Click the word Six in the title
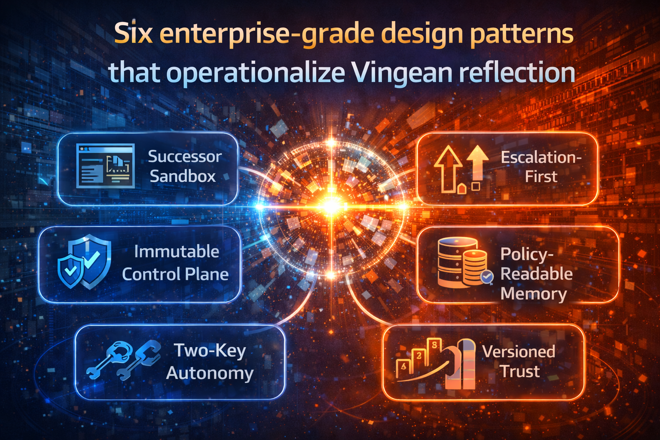click(x=134, y=34)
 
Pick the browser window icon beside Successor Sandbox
click(x=105, y=166)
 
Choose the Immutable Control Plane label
click(x=175, y=263)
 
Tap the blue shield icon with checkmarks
click(x=85, y=262)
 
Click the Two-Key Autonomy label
click(x=210, y=361)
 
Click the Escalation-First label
click(x=541, y=167)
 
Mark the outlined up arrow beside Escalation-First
click(x=448, y=168)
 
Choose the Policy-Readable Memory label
click(x=536, y=274)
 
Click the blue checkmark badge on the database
click(x=487, y=277)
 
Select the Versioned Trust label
click(x=519, y=361)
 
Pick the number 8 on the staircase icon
click(x=435, y=345)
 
